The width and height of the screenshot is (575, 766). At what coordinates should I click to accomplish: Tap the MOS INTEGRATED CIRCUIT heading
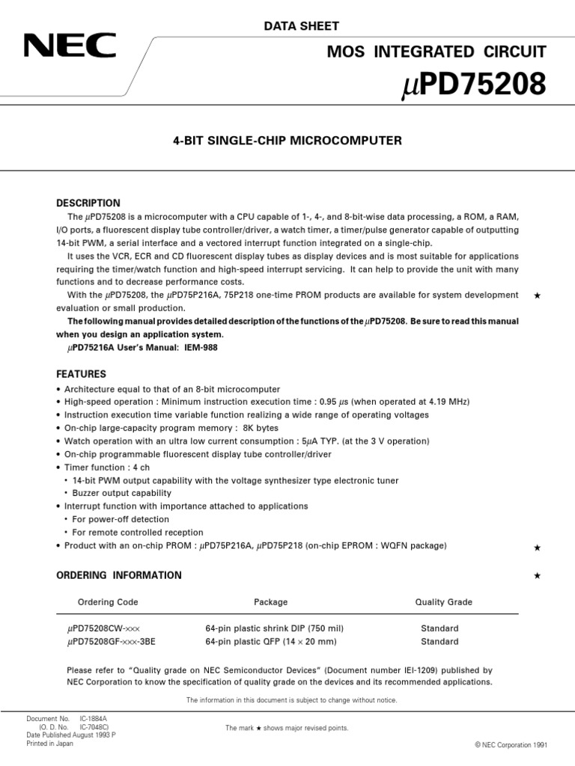point(448,52)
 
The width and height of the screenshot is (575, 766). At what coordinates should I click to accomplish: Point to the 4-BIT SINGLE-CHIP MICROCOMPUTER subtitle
point(287,140)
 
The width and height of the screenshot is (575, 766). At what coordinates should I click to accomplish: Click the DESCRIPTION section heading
point(88,203)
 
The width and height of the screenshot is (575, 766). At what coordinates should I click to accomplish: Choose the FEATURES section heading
point(82,373)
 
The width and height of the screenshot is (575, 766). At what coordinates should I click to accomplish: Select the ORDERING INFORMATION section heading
point(119,575)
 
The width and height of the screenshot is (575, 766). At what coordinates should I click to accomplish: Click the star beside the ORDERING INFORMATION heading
point(536,576)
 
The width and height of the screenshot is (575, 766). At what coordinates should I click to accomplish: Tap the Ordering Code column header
point(108,602)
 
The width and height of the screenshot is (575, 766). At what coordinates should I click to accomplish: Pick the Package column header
point(270,602)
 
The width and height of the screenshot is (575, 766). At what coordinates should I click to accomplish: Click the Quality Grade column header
point(443,602)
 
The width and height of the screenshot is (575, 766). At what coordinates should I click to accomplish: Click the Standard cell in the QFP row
point(439,642)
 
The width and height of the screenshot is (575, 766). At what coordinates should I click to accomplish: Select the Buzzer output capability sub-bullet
point(122,493)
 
